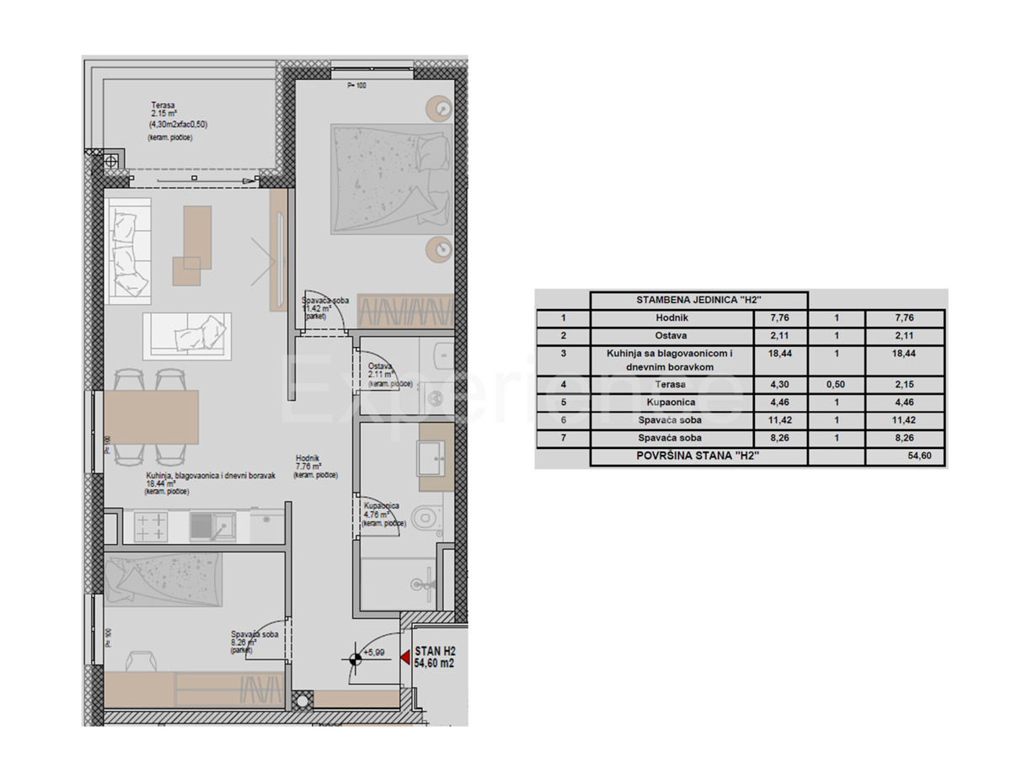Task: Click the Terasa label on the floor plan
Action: (x=151, y=104)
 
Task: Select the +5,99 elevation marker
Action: (x=373, y=652)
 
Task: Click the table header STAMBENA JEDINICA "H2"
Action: (x=698, y=300)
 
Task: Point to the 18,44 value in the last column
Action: (x=906, y=354)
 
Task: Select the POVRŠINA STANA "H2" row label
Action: (x=698, y=457)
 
